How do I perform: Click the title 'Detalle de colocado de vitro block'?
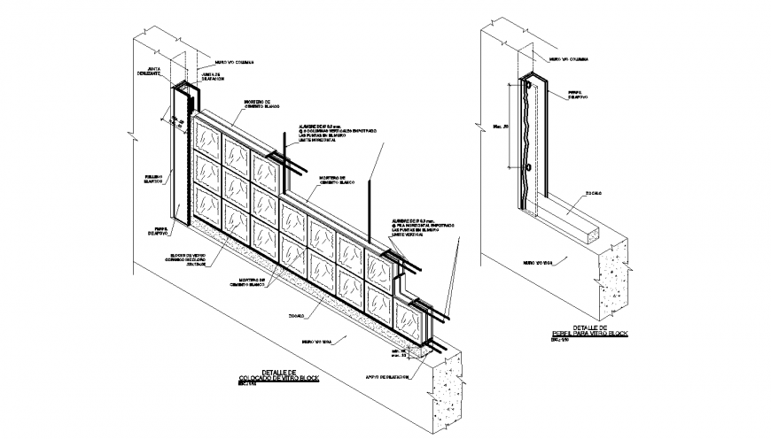coord(279,376)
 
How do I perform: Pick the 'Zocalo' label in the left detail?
coord(296,314)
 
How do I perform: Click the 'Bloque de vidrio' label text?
coord(190,258)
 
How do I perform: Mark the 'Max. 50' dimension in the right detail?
coord(499,127)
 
